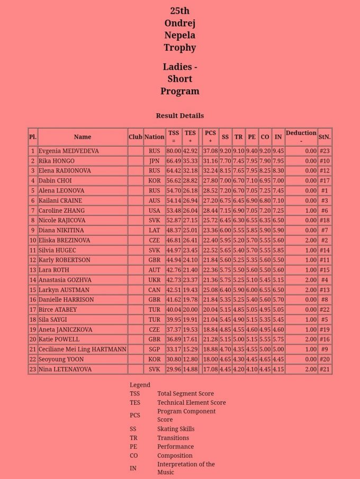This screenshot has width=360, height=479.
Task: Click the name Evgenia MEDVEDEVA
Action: point(68,151)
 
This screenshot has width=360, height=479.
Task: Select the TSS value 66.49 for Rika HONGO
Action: point(174,161)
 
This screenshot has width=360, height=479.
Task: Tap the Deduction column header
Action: point(301,133)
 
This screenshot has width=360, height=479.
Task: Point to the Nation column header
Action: point(154,137)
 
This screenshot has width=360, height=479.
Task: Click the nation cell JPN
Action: point(154,161)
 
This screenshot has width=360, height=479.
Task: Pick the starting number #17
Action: point(325,180)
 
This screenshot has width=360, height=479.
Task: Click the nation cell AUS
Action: point(154,201)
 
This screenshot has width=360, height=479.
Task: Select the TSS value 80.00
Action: point(174,151)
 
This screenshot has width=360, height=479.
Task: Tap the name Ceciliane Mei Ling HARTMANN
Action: point(82,349)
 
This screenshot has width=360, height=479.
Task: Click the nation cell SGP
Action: point(154,349)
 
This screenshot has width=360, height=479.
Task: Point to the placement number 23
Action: point(33,369)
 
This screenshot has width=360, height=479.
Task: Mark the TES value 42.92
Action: point(190,151)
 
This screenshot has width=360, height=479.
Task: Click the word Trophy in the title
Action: point(179,48)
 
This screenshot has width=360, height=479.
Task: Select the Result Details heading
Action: point(179,115)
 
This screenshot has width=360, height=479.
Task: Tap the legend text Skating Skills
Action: point(176,429)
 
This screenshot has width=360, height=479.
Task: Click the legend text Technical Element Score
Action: point(191,402)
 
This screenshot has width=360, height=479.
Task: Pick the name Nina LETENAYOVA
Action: point(65,369)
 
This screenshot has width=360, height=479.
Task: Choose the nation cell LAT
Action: point(154,230)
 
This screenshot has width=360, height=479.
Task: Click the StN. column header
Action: point(325,137)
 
